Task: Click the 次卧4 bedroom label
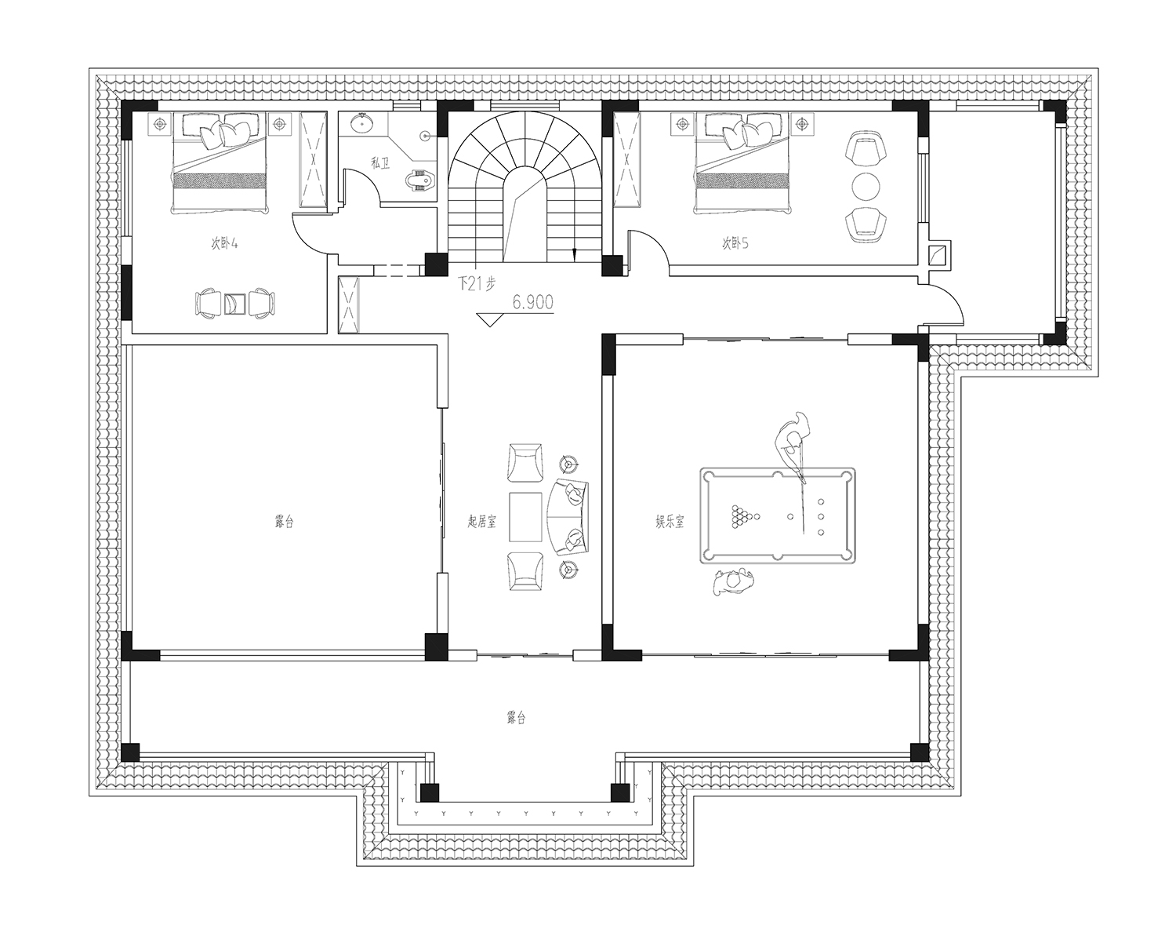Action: point(224,243)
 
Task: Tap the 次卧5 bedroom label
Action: point(735,243)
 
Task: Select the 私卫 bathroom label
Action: point(380,162)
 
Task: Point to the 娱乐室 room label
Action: point(670,521)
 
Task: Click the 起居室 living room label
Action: point(482,521)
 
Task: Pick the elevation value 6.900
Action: point(533,302)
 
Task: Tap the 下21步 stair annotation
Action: point(477,283)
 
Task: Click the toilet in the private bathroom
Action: point(420,180)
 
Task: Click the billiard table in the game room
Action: point(777,515)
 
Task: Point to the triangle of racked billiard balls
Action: point(742,516)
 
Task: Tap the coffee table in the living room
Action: point(525,516)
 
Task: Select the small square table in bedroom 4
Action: point(234,304)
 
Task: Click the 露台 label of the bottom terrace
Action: point(516,717)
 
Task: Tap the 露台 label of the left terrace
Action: point(284,521)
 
